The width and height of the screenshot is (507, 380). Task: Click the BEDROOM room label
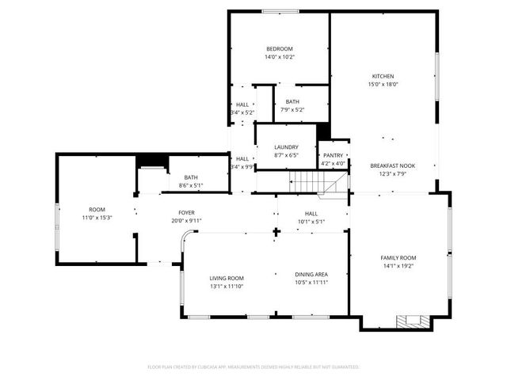tap(280, 49)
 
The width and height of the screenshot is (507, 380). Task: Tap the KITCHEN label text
tap(383, 76)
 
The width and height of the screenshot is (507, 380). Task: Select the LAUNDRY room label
tap(286, 147)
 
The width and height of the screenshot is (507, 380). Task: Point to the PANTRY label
tap(334, 156)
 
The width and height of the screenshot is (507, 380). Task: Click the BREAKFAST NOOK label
tap(392, 165)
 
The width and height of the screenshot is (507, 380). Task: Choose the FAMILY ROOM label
tap(398, 258)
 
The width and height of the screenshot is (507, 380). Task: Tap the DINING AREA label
tap(311, 274)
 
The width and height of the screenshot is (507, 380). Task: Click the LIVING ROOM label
tap(227, 278)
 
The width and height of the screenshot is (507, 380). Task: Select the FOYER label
tap(186, 213)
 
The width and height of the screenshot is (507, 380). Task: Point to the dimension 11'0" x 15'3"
tap(97, 217)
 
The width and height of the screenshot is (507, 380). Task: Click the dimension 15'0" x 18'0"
tap(383, 84)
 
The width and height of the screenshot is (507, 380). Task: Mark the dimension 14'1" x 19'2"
tap(398, 266)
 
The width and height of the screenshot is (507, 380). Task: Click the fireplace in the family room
tap(414, 321)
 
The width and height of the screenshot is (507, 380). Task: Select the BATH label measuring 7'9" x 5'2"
tap(293, 101)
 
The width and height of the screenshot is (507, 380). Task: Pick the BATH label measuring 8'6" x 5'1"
tap(191, 177)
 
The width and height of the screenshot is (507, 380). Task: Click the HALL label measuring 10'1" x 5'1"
tap(311, 213)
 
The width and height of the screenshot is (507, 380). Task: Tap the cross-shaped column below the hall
tap(276, 233)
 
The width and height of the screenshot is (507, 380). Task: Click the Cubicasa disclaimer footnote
tap(253, 367)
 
